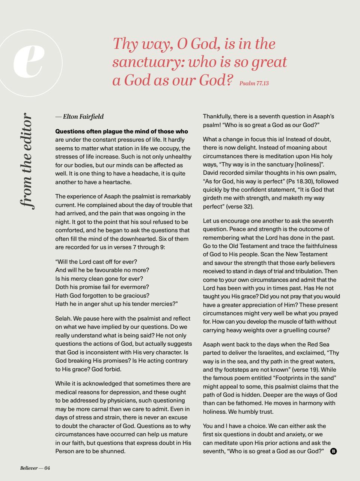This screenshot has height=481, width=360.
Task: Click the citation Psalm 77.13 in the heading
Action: pos(254,83)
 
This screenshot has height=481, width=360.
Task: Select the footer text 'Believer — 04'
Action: pos(35,468)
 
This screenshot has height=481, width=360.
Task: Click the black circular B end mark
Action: pos(333,451)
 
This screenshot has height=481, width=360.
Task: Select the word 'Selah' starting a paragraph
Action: pos(62,318)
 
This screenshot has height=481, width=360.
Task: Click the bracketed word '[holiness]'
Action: pos(310,164)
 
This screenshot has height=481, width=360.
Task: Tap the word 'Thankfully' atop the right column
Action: pos(217,116)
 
